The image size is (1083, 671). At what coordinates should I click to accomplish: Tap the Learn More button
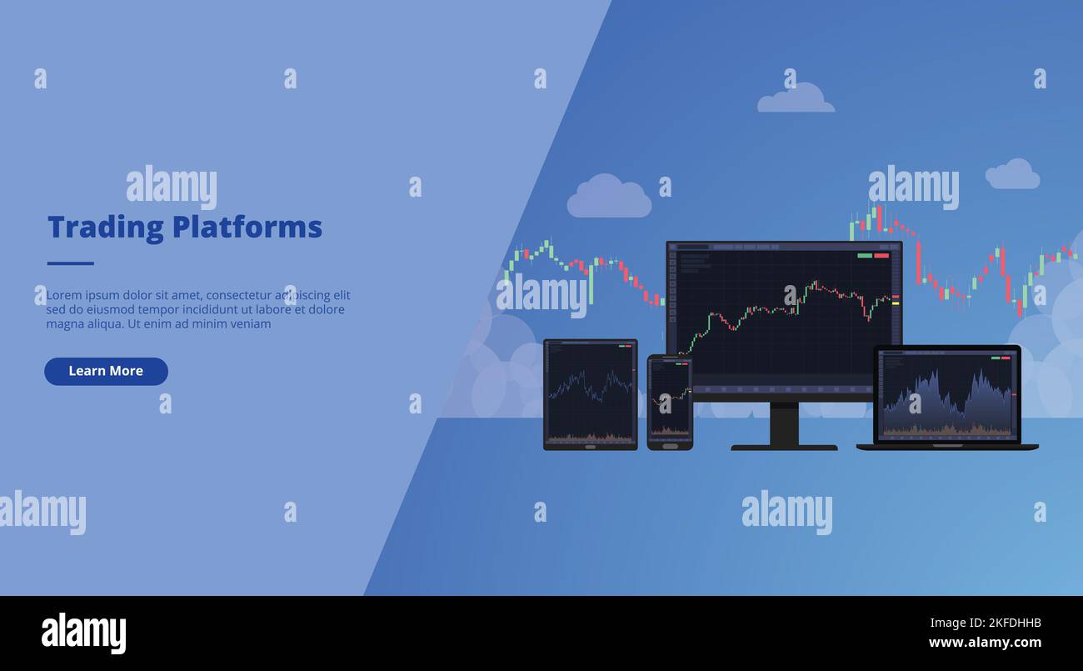coord(106,371)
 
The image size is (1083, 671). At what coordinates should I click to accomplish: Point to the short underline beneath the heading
coord(70,263)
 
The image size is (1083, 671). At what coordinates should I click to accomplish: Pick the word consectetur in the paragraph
coord(242,295)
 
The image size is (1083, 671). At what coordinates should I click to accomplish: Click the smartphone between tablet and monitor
coord(670,402)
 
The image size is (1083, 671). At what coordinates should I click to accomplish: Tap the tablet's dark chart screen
coord(590,392)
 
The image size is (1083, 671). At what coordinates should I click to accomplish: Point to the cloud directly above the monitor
coord(795,98)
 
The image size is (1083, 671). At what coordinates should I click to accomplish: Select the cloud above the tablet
coord(609,198)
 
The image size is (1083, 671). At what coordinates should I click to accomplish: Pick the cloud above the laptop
coord(1011,174)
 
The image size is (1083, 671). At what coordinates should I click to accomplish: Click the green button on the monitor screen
coord(865,255)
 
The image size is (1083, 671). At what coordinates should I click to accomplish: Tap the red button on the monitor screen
coord(881,255)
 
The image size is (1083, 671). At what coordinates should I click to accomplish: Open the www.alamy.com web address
coord(984,643)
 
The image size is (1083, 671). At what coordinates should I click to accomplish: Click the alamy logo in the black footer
coord(83,633)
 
